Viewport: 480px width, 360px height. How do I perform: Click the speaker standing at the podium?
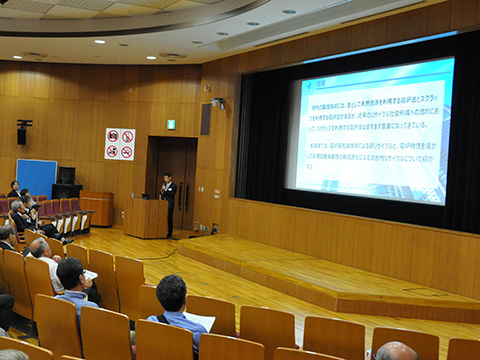click(x=168, y=200)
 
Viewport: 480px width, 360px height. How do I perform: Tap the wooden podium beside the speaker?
click(x=146, y=217)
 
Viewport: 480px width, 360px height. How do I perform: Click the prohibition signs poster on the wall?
click(x=119, y=144)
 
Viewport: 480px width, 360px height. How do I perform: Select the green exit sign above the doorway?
click(x=171, y=124)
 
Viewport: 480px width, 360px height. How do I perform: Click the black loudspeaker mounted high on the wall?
click(x=22, y=131)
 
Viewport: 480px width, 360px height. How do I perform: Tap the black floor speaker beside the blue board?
click(x=66, y=176)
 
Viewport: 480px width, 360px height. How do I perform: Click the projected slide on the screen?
click(x=371, y=130)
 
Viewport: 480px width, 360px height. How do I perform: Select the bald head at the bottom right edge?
click(x=395, y=351)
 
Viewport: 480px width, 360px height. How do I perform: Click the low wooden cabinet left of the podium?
click(x=97, y=207)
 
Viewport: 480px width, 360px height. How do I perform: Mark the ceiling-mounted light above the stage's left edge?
click(x=218, y=102)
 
